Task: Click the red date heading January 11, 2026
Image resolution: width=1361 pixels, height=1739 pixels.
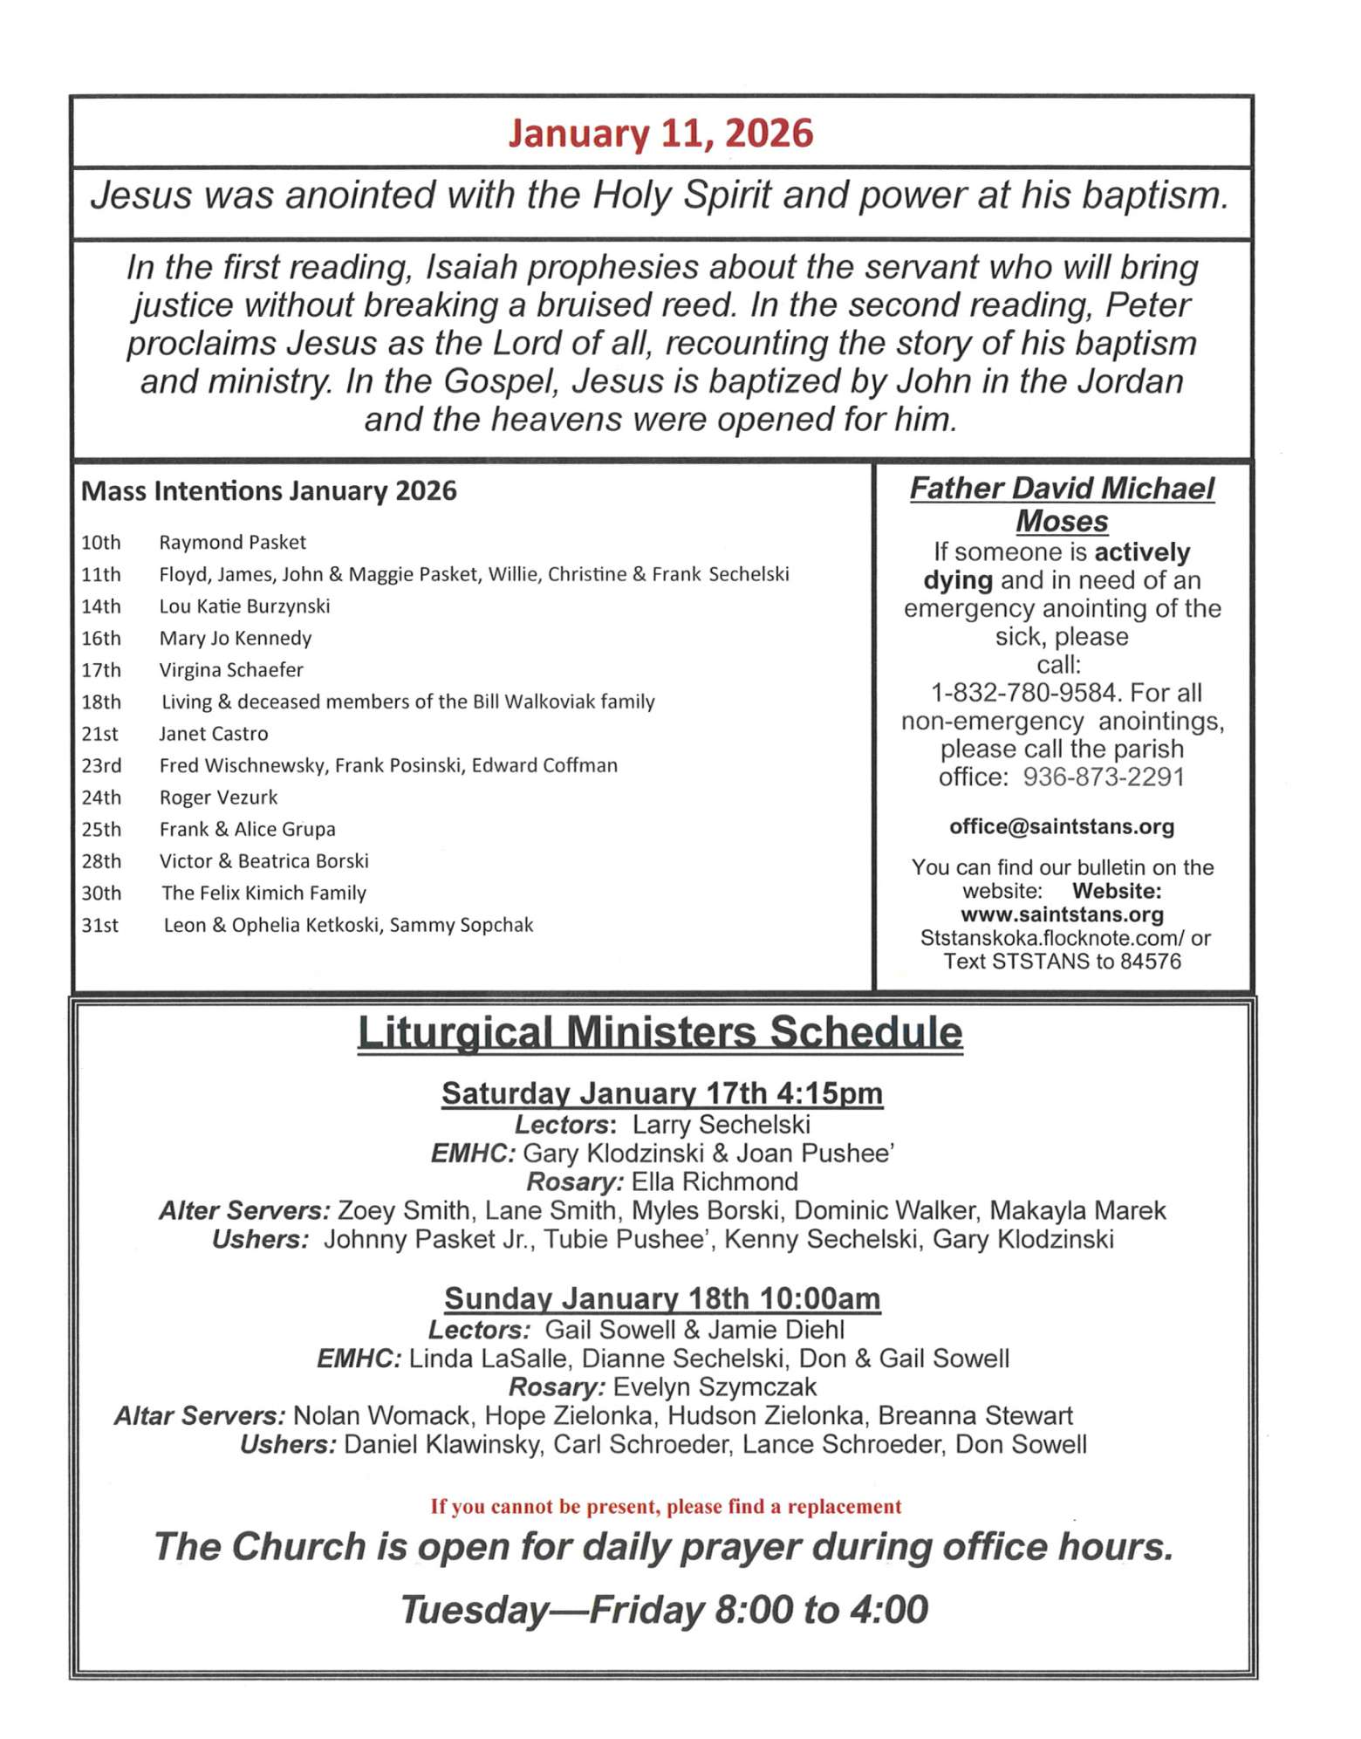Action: (x=660, y=134)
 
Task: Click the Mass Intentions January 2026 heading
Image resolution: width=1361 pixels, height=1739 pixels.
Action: (x=269, y=491)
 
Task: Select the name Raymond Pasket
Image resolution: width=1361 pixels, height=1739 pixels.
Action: (x=232, y=543)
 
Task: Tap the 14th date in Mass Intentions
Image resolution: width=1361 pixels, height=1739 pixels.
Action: (x=101, y=606)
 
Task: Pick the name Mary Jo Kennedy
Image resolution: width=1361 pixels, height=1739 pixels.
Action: (x=235, y=639)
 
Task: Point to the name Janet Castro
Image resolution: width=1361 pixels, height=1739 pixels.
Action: (x=213, y=734)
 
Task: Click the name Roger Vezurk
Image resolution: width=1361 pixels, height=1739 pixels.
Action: (x=218, y=798)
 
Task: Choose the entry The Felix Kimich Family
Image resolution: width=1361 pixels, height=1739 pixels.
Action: (x=263, y=893)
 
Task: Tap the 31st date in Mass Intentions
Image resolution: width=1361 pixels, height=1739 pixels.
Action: (x=99, y=926)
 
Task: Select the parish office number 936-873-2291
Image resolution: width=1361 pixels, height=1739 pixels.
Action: (x=1104, y=777)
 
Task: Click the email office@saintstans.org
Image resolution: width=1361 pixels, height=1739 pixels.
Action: (x=1062, y=826)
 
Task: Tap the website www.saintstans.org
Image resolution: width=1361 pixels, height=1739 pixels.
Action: (x=1062, y=914)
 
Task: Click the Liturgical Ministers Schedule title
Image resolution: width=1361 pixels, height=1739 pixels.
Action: (x=660, y=1031)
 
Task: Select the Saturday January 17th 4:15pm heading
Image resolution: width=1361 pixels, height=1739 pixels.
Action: (x=662, y=1093)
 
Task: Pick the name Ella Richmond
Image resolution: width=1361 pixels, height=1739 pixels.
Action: (x=715, y=1181)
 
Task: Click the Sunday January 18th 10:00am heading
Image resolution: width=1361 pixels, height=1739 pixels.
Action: (x=662, y=1298)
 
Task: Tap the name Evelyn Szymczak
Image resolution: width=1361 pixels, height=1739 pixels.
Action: (x=715, y=1386)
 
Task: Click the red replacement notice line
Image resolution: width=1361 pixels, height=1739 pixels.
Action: (x=666, y=1507)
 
